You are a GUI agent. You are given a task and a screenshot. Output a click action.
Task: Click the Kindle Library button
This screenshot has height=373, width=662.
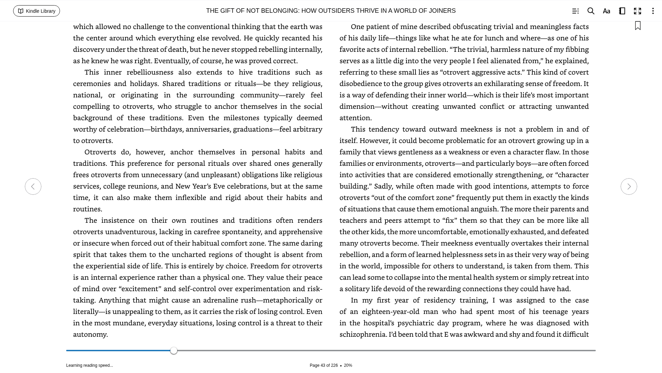tap(37, 11)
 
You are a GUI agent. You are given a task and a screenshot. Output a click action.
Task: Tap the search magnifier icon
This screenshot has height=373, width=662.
tap(591, 11)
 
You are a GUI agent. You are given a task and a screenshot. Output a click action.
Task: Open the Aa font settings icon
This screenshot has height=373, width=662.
tap(606, 11)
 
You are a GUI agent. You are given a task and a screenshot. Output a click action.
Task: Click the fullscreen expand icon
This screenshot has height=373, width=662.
tap(638, 11)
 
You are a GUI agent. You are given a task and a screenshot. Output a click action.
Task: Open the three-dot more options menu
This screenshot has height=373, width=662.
tap(653, 11)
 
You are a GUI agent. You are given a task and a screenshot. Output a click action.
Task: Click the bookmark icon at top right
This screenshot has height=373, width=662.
tap(638, 26)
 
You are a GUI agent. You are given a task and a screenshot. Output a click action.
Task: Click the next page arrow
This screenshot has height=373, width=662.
tap(629, 186)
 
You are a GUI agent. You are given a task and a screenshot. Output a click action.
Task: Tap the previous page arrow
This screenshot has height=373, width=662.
tap(33, 186)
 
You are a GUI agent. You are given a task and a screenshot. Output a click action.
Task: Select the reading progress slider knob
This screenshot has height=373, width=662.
tap(174, 351)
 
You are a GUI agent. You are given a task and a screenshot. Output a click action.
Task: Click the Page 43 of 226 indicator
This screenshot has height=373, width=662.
tap(323, 365)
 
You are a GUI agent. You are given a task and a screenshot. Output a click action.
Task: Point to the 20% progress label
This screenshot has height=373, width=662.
tap(348, 365)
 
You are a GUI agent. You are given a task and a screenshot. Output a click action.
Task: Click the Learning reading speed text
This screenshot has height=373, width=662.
tap(90, 365)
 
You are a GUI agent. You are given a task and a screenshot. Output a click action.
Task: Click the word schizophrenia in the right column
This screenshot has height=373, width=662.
tap(363, 334)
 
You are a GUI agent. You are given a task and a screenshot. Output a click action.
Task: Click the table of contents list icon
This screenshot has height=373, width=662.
tap(575, 11)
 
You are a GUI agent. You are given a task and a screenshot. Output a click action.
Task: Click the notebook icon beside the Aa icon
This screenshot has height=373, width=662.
tap(622, 11)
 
